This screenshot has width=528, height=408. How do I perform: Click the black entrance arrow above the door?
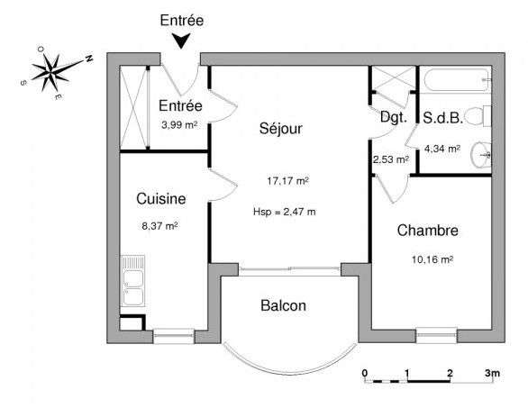pos(181,41)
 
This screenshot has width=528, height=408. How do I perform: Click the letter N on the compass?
pos(89,58)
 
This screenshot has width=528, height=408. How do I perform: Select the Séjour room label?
pos(281,129)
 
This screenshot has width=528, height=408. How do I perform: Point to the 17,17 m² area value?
pos(288,181)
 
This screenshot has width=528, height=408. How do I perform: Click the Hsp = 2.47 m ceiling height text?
pos(285,212)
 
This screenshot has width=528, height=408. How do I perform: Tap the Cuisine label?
pos(161,199)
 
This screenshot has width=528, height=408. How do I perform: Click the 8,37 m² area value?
pos(159,225)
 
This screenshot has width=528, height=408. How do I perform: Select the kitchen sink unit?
pos(132,281)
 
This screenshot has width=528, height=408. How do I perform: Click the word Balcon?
pos(283,305)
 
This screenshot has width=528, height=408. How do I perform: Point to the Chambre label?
pos(427,231)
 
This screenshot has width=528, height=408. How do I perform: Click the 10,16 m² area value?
pos(432,259)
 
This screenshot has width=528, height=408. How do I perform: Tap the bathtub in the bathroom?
pos(456,80)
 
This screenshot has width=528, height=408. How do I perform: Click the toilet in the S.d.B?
pos(478,115)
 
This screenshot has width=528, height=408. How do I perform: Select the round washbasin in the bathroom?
pos(481,155)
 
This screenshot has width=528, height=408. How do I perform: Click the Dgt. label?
pos(394,117)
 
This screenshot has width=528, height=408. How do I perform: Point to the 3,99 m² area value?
pos(179,125)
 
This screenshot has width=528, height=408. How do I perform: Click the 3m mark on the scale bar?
pos(492,373)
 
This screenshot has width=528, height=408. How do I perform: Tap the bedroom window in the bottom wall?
pos(436,336)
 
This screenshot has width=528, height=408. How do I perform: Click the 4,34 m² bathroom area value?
pos(442,149)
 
